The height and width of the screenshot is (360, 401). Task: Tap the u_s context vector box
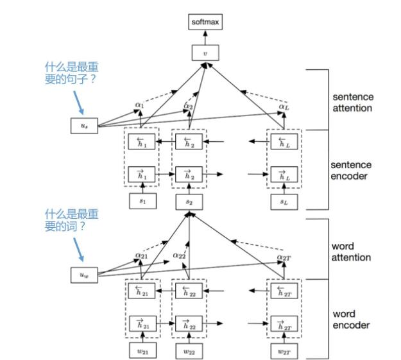point(83,126)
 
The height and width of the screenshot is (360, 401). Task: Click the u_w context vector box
point(83,276)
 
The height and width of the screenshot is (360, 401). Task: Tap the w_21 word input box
point(142,350)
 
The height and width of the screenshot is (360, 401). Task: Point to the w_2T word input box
point(282,350)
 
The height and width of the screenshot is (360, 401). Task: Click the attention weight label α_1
point(140,104)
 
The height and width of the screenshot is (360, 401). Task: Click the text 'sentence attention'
point(352,103)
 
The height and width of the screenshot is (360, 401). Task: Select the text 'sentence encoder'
point(352,170)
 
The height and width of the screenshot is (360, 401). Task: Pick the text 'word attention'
point(352,252)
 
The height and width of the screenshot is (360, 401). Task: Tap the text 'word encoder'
point(350,320)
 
